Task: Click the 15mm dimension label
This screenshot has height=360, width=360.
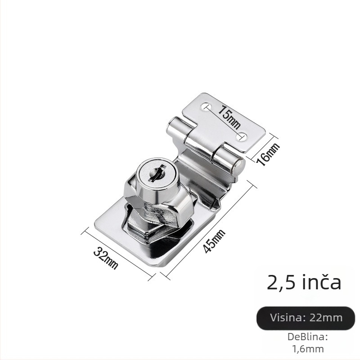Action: point(229,117)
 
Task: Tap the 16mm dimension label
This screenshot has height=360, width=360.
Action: point(268,154)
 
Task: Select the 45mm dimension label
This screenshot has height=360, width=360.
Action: point(215,241)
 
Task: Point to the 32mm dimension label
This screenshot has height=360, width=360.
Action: point(106,258)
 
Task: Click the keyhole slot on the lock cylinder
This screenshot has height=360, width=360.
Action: point(157,173)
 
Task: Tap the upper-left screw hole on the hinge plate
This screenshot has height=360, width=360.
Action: point(206,106)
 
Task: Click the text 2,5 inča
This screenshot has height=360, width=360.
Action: point(304,282)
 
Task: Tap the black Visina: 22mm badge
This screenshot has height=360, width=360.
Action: point(306,318)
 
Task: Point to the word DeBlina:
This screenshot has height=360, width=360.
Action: point(308,337)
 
